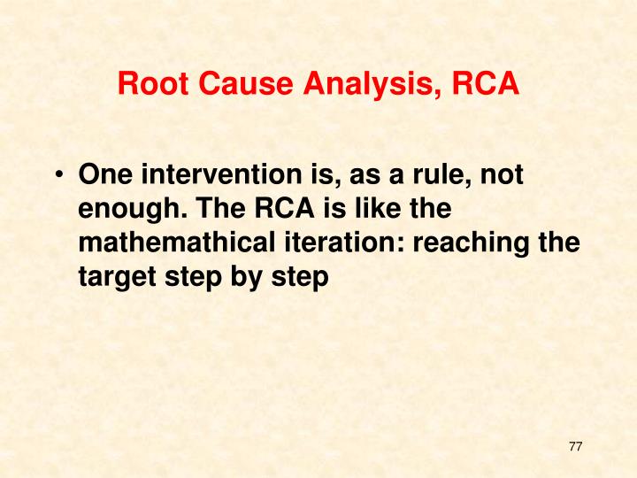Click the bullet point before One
[x=58, y=176]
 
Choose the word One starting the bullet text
[x=102, y=175]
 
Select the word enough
[x=127, y=210]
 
